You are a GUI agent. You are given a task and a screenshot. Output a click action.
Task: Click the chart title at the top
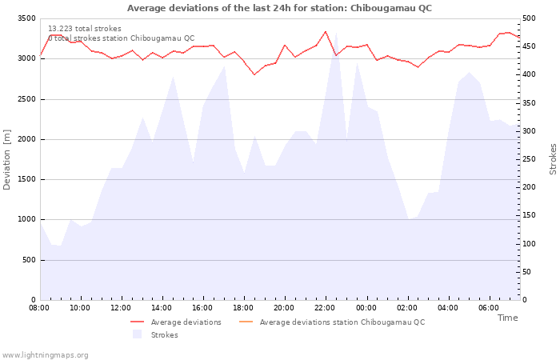point(279,8)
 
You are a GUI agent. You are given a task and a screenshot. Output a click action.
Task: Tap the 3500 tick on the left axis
point(26,18)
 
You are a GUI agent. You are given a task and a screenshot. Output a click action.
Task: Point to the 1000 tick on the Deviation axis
point(26,219)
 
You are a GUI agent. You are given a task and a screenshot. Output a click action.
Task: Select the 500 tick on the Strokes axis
point(529,18)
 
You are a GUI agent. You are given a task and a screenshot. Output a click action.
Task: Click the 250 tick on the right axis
point(529,159)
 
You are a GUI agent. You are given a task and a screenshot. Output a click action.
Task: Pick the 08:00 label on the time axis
point(39,308)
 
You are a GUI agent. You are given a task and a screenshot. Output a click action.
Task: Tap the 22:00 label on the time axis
point(325,308)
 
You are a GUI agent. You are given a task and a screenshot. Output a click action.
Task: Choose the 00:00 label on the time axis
point(366,308)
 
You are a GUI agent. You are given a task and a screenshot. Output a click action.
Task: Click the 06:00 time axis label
point(489,308)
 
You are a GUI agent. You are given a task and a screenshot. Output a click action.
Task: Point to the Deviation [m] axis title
point(6,160)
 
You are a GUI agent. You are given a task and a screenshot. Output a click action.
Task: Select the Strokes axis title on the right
point(553,159)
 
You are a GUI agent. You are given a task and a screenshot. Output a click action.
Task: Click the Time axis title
point(507,318)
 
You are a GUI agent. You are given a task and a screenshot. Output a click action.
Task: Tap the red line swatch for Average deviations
point(137,322)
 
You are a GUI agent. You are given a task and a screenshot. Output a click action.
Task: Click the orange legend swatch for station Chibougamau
point(246,322)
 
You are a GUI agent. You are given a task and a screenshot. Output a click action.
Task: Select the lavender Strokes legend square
point(137,334)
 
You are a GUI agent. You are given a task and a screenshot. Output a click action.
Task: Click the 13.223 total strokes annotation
point(85,29)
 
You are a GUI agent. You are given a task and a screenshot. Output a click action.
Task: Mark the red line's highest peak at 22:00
point(326,31)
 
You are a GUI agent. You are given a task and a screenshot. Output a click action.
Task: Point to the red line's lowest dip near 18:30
point(254,74)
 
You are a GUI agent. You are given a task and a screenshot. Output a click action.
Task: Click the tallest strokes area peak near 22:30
point(336,33)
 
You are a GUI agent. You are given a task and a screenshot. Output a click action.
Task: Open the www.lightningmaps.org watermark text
point(45,355)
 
